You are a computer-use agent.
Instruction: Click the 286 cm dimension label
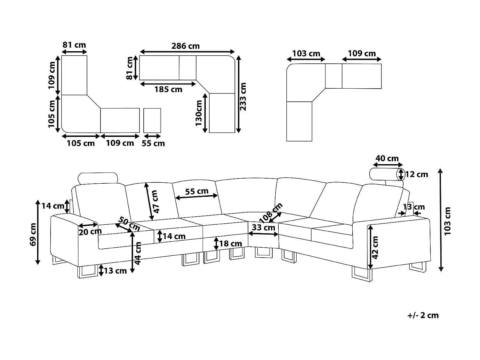coord(185,46)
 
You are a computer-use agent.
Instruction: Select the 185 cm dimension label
coord(168,90)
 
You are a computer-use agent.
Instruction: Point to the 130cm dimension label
coord(199,112)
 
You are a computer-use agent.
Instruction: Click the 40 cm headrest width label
coord(387,158)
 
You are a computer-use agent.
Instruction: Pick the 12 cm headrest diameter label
coord(416,174)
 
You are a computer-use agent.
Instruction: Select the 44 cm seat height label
coord(138,253)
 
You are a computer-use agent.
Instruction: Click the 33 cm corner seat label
coord(263,228)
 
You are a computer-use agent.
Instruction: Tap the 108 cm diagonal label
coord(271,212)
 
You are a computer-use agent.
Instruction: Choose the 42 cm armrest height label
coord(376,247)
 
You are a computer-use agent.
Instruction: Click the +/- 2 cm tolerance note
coord(423,315)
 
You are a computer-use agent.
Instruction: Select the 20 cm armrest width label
coord(90,231)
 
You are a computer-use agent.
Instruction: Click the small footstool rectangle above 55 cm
coord(152,120)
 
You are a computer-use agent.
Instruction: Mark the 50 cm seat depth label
coord(129,223)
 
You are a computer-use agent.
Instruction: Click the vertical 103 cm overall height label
coord(448,221)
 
